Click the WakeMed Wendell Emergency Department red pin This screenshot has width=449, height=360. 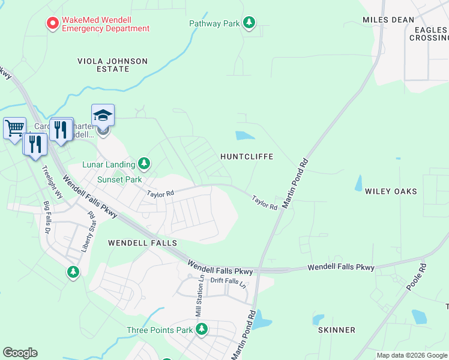(52, 24)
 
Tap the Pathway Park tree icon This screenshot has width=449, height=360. (249, 23)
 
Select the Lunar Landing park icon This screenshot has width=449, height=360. (143, 163)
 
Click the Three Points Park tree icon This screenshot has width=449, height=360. (202, 329)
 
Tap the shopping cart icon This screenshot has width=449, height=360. (14, 127)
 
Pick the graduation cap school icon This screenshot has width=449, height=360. (103, 115)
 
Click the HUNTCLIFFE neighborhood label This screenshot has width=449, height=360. (247, 157)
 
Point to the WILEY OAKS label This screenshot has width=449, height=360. (391, 191)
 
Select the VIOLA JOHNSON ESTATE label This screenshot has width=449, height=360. (112, 65)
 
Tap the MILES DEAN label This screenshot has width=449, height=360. (388, 20)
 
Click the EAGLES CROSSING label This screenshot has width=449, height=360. (429, 33)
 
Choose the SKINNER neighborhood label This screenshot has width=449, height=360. (337, 330)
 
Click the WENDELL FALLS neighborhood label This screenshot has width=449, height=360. (142, 243)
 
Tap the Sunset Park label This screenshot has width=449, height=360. (120, 179)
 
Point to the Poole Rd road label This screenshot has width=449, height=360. (415, 277)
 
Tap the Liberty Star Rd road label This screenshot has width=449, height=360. (88, 230)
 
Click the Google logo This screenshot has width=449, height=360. (20, 353)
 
